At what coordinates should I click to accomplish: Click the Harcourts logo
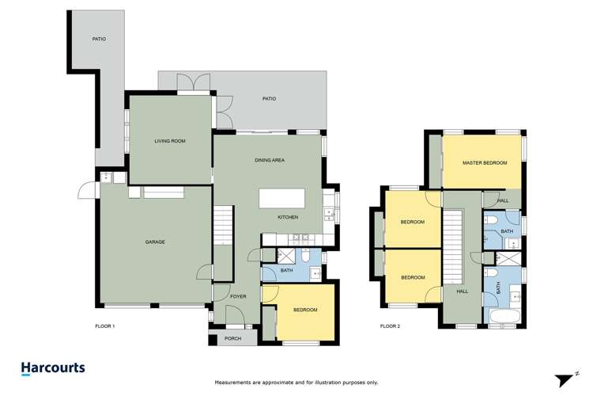click(x=52, y=368)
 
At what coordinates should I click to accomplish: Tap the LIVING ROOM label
click(x=169, y=141)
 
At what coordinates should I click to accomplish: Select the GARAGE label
click(x=155, y=242)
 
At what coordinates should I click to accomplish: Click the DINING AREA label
click(x=270, y=161)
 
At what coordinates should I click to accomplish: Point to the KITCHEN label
click(x=287, y=217)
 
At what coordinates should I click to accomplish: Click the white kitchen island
click(x=282, y=197)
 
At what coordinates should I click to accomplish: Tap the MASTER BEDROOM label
click(x=484, y=162)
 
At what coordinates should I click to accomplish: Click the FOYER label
click(x=239, y=297)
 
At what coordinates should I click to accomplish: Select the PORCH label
click(x=233, y=338)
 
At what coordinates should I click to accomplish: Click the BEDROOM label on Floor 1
click(x=305, y=310)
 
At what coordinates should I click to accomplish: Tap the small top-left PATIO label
click(x=99, y=38)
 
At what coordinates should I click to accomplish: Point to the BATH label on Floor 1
click(x=286, y=271)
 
